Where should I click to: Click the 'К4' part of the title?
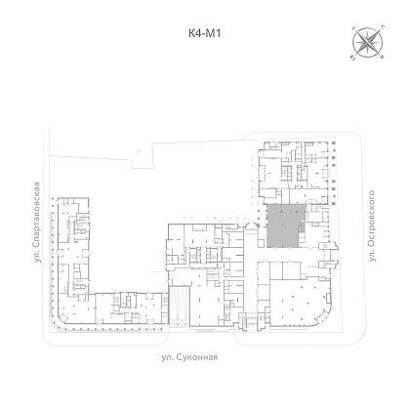click(195, 33)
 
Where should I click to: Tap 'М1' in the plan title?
click(214, 33)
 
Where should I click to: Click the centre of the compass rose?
click(368, 42)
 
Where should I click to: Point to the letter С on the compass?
click(383, 27)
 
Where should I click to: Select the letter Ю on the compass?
click(352, 58)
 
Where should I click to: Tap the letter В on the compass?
click(383, 58)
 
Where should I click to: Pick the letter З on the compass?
click(353, 27)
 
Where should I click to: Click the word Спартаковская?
click(37, 214)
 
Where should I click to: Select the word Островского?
click(371, 218)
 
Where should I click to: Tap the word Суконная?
click(197, 357)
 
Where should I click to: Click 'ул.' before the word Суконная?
click(167, 357)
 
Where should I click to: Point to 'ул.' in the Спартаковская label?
click(37, 256)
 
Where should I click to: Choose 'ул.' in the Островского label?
click(372, 255)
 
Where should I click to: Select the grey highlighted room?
click(284, 225)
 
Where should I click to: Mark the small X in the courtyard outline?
click(139, 150)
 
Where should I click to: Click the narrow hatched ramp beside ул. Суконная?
click(180, 307)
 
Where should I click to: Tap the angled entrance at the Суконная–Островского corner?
click(323, 315)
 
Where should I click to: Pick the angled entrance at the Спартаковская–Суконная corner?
click(62, 317)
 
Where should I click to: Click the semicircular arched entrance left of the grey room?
click(251, 225)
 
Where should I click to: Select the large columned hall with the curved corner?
click(299, 301)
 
